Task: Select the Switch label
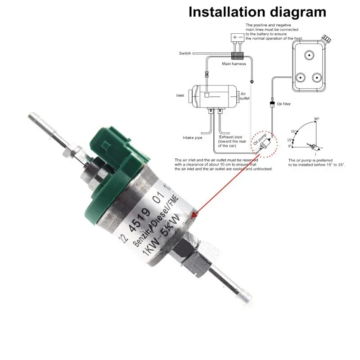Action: pos(185,54)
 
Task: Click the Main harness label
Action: pos(234,64)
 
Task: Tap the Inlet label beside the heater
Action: pos(180,95)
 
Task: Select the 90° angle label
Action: pos(317,119)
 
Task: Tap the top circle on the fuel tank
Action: pos(308,55)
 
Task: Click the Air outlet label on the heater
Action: pos(244,95)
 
